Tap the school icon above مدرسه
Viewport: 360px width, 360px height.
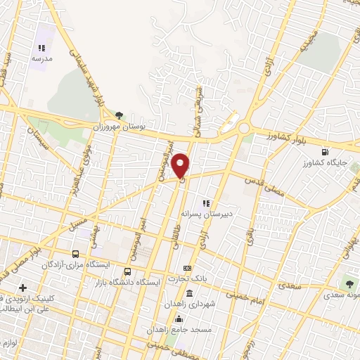pyautogui.click(x=41, y=48)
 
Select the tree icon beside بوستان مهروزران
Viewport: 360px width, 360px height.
pyautogui.click(x=119, y=115)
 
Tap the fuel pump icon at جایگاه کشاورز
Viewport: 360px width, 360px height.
pyautogui.click(x=323, y=152)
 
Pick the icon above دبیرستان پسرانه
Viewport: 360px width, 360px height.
pyautogui.click(x=206, y=202)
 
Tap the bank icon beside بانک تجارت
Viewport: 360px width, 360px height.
pyautogui.click(x=186, y=268)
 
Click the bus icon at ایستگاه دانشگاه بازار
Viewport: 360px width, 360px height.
pyautogui.click(x=127, y=271)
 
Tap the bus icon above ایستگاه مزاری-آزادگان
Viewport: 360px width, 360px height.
pyautogui.click(x=75, y=253)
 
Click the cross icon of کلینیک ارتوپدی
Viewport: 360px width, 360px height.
pyautogui.click(x=23, y=288)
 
